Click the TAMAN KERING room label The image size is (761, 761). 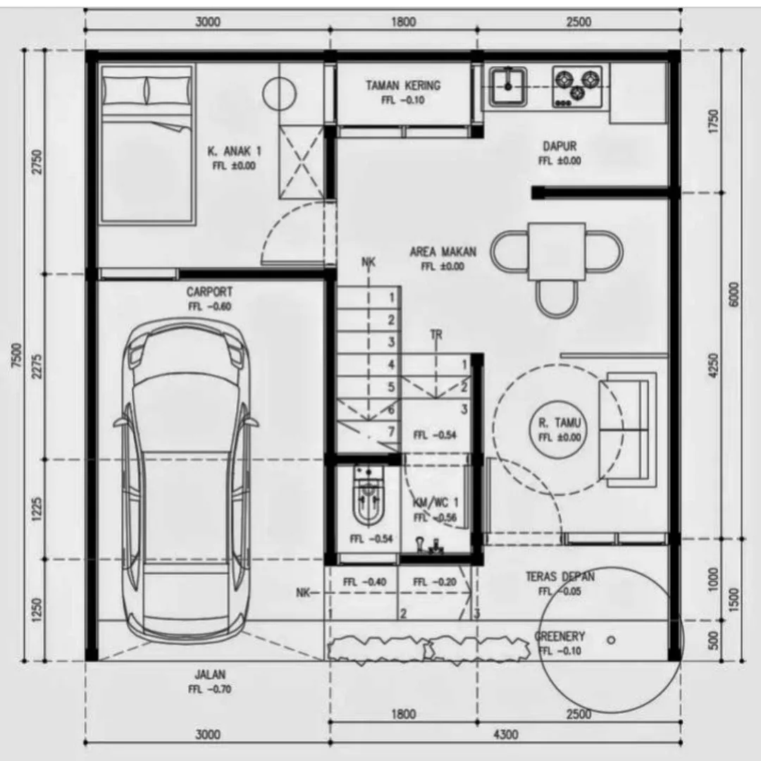tap(402, 86)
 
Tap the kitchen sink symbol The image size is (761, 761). tap(507, 87)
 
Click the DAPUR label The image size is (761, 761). tap(559, 147)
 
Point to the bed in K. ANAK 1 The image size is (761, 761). tap(146, 144)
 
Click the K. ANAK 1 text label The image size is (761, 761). tap(234, 151)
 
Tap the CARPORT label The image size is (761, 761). tap(209, 292)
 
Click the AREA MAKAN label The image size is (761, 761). tap(443, 252)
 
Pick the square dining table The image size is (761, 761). tap(557, 252)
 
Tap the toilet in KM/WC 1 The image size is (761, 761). tap(367, 497)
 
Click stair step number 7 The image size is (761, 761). tap(391, 432)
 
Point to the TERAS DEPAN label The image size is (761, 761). tap(559, 576)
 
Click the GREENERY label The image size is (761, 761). tap(559, 636)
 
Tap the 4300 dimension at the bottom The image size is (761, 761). tap(505, 734)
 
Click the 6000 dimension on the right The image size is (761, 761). tap(734, 295)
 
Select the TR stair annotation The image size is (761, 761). tap(436, 335)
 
